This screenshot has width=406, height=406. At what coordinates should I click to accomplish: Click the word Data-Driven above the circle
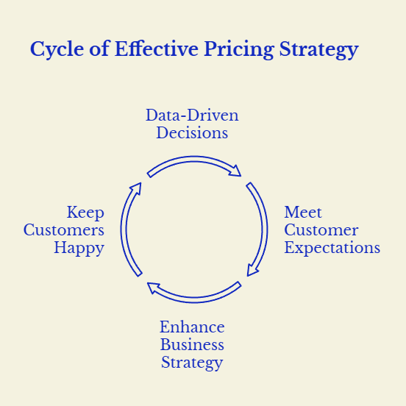point(192,115)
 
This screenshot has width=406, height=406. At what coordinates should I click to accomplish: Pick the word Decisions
point(192,133)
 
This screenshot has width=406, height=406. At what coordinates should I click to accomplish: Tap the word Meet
point(303,213)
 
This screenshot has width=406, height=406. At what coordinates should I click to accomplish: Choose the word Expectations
point(332,248)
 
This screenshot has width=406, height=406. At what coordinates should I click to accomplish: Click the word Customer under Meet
point(321,230)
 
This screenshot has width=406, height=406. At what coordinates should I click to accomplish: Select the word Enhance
point(192,327)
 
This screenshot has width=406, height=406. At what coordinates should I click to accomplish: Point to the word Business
point(192,345)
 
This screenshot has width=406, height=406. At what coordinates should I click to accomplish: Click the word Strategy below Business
point(192,363)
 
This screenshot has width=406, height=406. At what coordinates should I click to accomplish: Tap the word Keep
point(85,213)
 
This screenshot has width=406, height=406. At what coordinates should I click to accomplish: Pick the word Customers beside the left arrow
point(64,230)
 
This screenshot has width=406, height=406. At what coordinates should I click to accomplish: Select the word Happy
point(79,248)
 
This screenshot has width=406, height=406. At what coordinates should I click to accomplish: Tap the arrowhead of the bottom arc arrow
point(153,287)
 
